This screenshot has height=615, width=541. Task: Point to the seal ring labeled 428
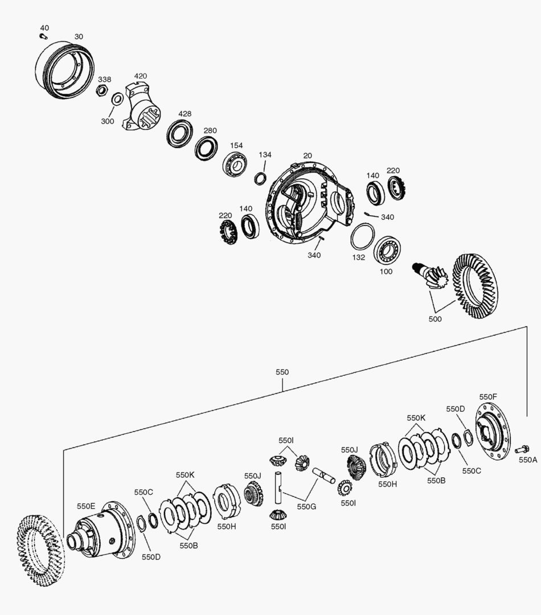coord(179,133)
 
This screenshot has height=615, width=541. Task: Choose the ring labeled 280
coord(206,147)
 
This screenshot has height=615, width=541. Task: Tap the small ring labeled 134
coord(260,177)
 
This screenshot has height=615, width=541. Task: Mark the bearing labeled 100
coord(389,249)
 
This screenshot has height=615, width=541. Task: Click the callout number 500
coord(435,319)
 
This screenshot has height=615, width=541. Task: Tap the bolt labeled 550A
coord(522,450)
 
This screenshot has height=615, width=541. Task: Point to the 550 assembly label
coord(282,372)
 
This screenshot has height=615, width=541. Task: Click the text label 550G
coord(306,506)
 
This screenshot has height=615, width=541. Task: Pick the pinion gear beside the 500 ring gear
coord(433,276)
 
